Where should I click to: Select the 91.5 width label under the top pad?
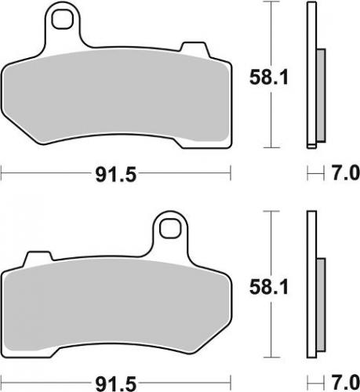[x=115, y=174]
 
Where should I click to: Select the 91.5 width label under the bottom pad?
[x=115, y=383]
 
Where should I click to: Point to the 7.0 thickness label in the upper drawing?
[x=343, y=173]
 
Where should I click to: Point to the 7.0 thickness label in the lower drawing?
[x=343, y=383]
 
